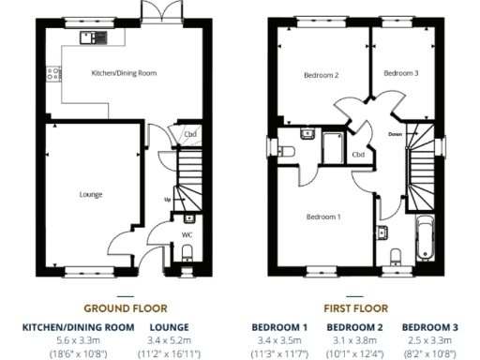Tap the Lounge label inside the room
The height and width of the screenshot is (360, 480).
pyautogui.click(x=91, y=194)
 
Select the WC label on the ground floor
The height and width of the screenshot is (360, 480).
pyautogui.click(x=187, y=234)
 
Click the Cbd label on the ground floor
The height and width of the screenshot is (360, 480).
pyautogui.click(x=190, y=134)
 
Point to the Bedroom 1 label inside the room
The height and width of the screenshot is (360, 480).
pyautogui.click(x=324, y=217)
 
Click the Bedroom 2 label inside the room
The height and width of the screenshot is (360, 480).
pyautogui.click(x=322, y=75)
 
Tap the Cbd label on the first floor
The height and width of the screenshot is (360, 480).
pyautogui.click(x=358, y=154)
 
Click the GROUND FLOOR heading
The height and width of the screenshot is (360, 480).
pyautogui.click(x=125, y=307)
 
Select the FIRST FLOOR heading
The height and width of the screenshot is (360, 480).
pyautogui.click(x=355, y=307)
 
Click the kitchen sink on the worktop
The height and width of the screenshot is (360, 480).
pyautogui.click(x=93, y=37)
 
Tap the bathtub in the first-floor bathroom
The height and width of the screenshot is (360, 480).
pyautogui.click(x=424, y=238)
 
